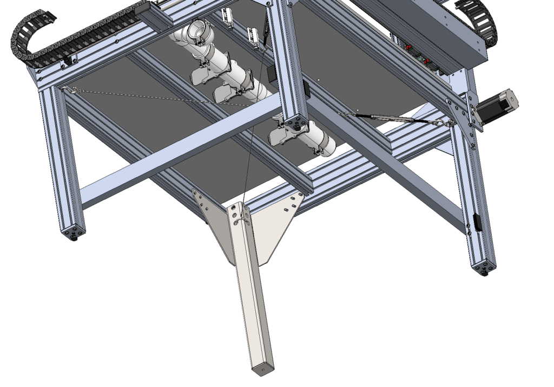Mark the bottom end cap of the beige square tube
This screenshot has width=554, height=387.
(x=263, y=370)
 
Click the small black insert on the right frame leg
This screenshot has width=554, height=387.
(x=477, y=222)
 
